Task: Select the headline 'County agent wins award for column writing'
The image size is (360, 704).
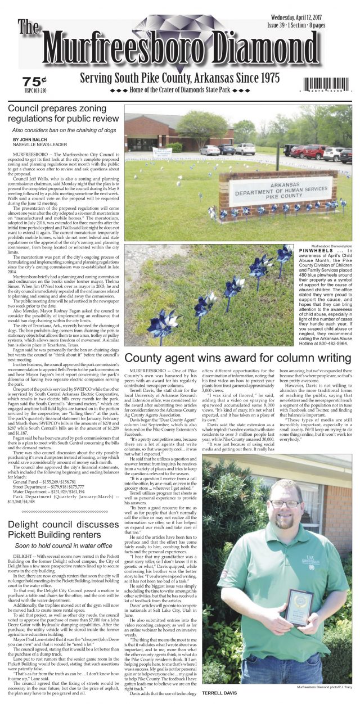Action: pos(238,358)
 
